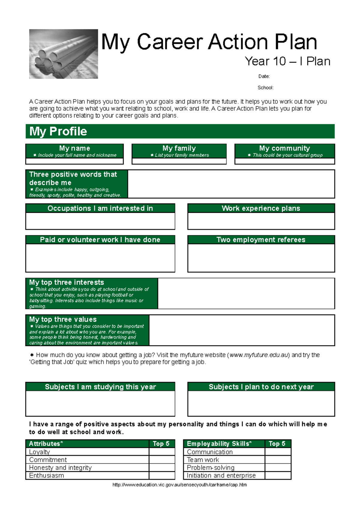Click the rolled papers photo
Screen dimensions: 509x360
tap(63, 54)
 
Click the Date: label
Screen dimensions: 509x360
tap(264, 76)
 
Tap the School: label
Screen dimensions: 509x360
tap(265, 88)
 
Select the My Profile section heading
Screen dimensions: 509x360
tap(58, 131)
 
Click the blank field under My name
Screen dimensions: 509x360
tap(74, 161)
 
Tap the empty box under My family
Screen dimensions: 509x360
tap(179, 161)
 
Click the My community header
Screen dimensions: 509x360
tap(284, 148)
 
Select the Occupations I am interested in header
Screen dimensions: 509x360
tap(100, 208)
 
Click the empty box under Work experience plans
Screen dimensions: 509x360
tap(261, 221)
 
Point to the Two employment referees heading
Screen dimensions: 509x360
tap(261, 240)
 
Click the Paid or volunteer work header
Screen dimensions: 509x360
tap(100, 240)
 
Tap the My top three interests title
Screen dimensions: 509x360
tap(67, 282)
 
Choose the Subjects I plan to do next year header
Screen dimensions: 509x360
tap(261, 387)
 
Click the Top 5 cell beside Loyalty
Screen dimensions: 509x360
tap(162, 452)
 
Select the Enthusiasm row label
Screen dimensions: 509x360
tap(46, 475)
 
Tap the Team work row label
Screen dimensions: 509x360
tap(203, 460)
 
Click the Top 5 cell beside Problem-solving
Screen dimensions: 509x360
tap(278, 468)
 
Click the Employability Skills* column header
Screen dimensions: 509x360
tap(219, 444)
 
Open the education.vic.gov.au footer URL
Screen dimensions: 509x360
tap(179, 485)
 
